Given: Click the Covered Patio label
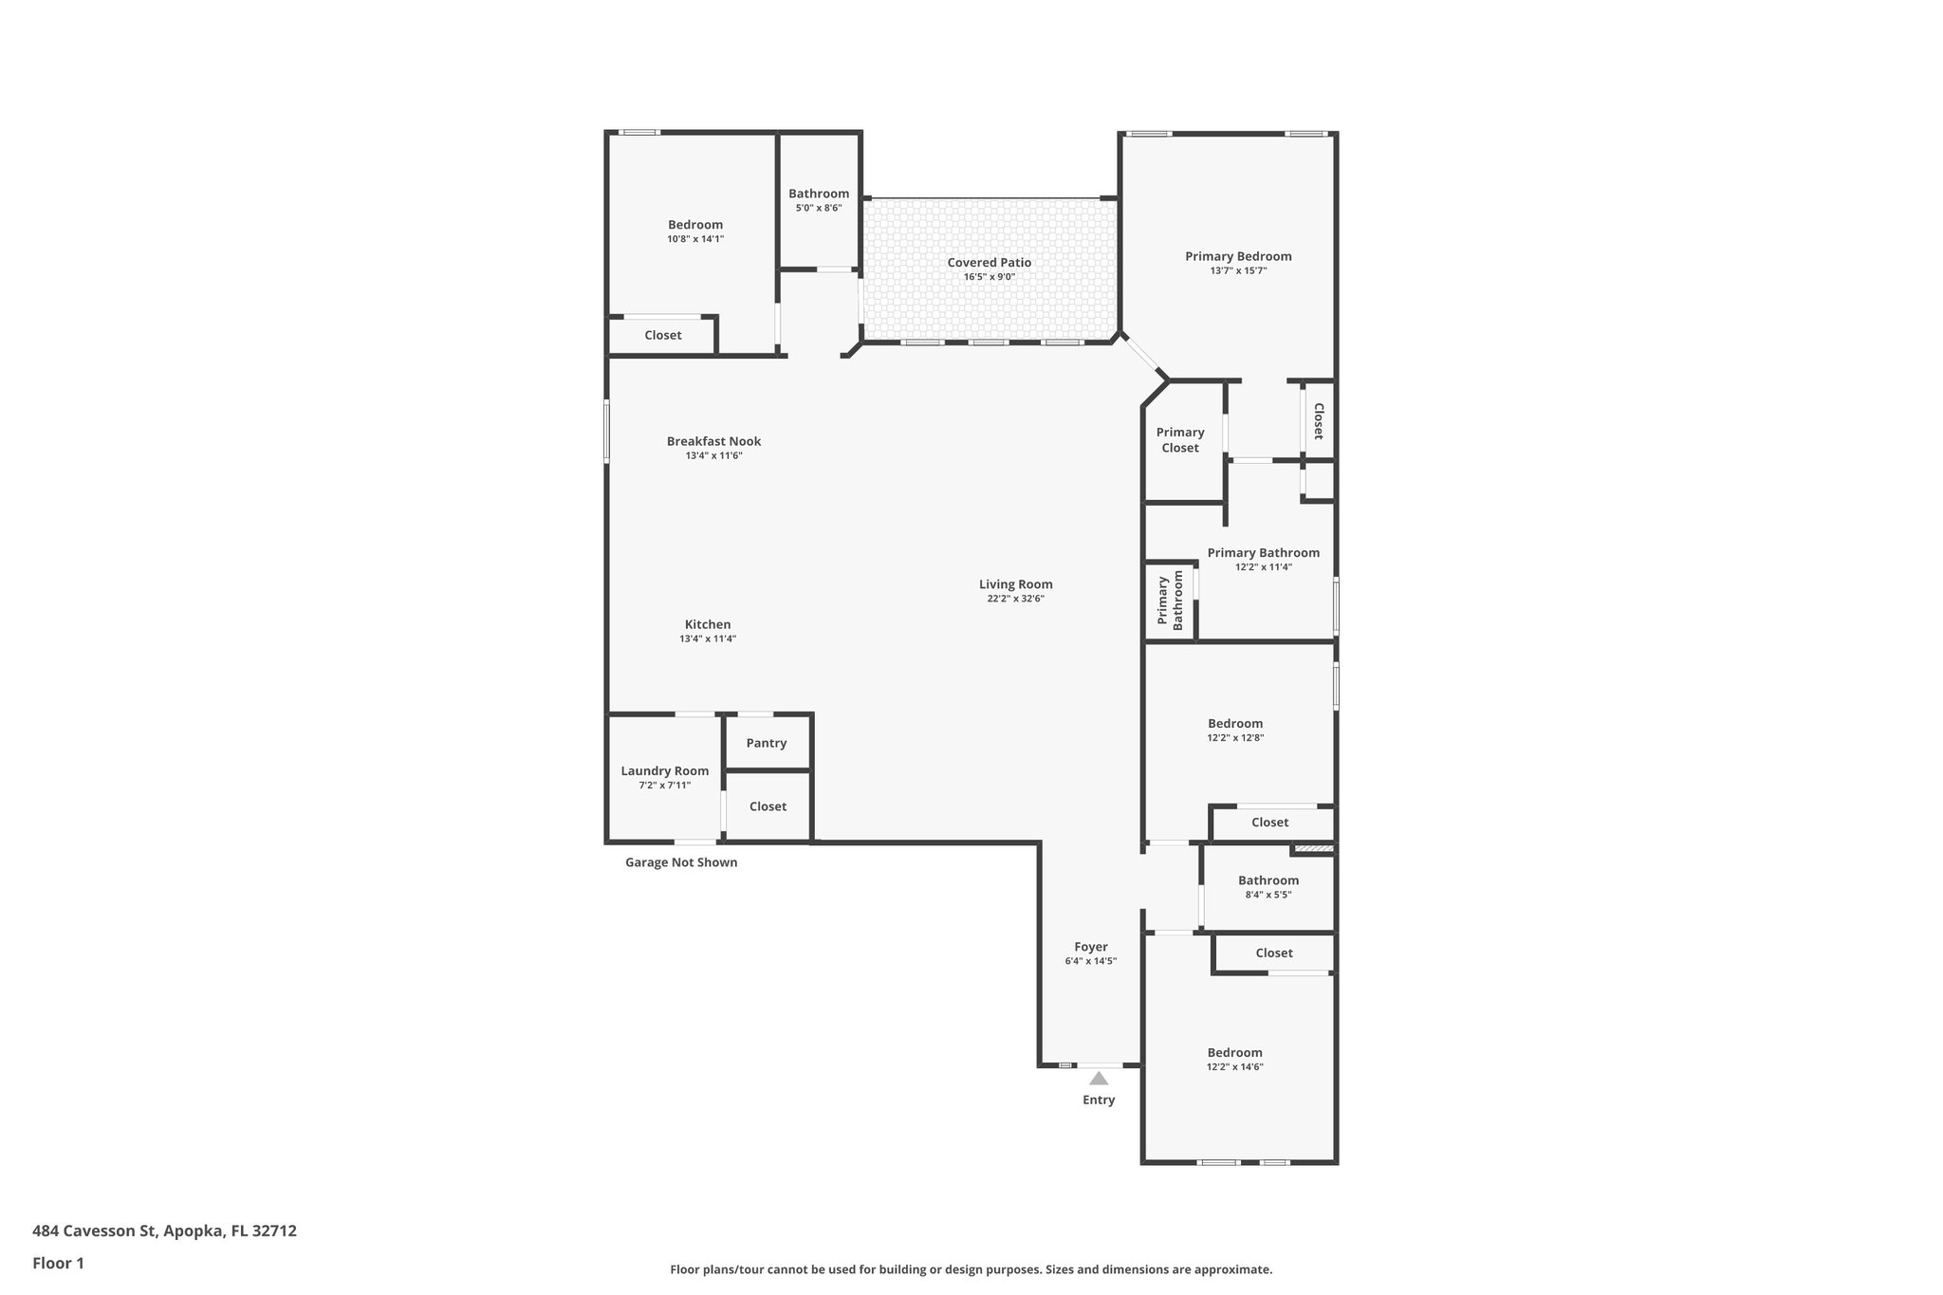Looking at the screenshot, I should [989, 263].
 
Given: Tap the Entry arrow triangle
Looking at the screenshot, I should [1099, 1079].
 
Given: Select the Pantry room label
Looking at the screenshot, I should [766, 743].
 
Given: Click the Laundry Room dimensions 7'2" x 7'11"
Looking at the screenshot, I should [664, 786].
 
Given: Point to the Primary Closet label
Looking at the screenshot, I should [1179, 440].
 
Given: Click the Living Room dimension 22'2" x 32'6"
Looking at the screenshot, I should [1015, 599].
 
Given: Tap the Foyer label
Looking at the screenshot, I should [1091, 947].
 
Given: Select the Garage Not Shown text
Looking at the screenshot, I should [680, 862].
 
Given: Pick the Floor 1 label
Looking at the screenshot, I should [58, 1264].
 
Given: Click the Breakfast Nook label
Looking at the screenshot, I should [713, 441].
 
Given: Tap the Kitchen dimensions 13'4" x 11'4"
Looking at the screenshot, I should [708, 638].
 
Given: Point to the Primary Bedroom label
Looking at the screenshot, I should [1238, 256].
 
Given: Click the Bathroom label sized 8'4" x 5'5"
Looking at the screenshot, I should [1268, 880].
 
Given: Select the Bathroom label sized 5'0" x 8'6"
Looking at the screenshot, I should [819, 194].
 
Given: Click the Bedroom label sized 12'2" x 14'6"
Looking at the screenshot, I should [1234, 1052].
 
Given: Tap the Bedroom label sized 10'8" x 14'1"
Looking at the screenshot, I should [695, 225].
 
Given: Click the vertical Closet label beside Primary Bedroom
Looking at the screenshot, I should [1318, 421].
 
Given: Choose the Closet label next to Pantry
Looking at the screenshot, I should [768, 806].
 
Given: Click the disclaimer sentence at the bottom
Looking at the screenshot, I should [971, 1269].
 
